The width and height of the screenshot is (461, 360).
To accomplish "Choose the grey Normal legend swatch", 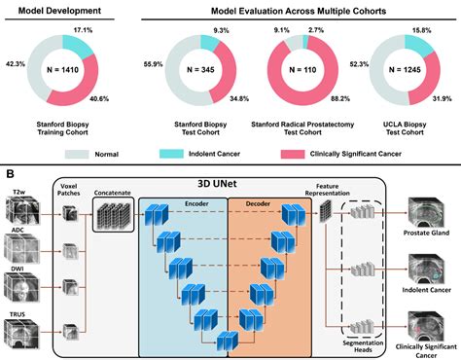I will tap(83, 153).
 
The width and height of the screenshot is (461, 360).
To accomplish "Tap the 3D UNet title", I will tap(231, 181).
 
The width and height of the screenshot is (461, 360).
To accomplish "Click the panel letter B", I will tap(9, 175).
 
